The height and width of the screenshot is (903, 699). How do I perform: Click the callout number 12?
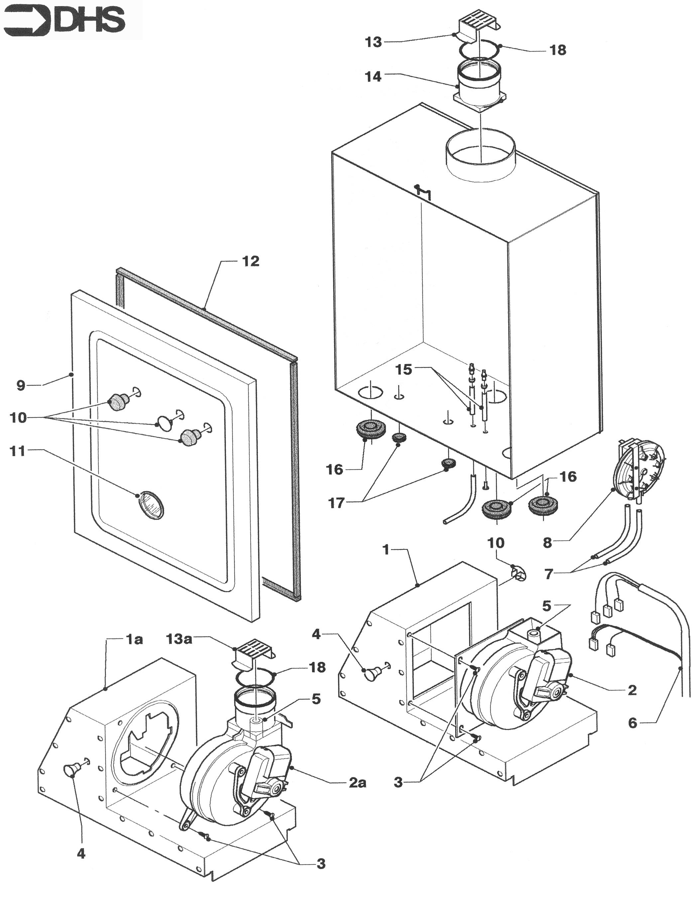coord(251,261)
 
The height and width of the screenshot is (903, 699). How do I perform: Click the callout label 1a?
coord(134,640)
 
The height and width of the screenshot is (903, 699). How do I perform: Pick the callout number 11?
coord(18,451)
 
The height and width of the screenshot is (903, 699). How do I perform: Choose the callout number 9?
coord(21,385)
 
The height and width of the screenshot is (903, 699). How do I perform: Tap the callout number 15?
coord(404,369)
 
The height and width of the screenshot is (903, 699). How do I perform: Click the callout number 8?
coord(548,543)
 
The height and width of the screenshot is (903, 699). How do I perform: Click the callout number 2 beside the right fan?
coord(632,690)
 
